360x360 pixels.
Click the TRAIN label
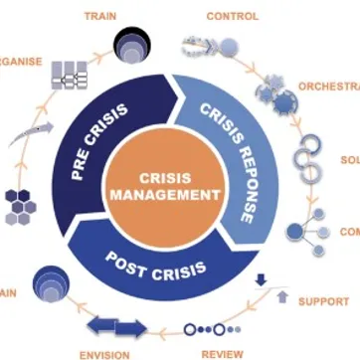(x=98, y=17)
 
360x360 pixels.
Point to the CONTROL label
(x=232, y=17)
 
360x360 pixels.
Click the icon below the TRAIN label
(x=133, y=45)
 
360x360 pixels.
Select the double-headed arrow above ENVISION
(x=117, y=325)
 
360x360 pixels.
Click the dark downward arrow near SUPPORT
(x=261, y=280)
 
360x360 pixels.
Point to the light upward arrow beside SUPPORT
(x=282, y=296)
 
